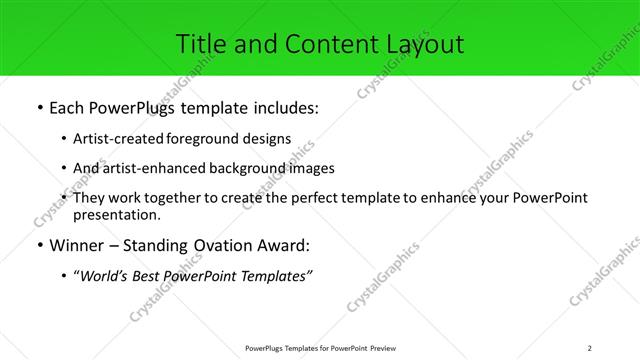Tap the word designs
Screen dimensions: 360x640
pyautogui.click(x=268, y=139)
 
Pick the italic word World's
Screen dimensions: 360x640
pyautogui.click(x=106, y=275)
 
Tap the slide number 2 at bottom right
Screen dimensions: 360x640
pyautogui.click(x=590, y=348)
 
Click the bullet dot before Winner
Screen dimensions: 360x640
pyautogui.click(x=39, y=246)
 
